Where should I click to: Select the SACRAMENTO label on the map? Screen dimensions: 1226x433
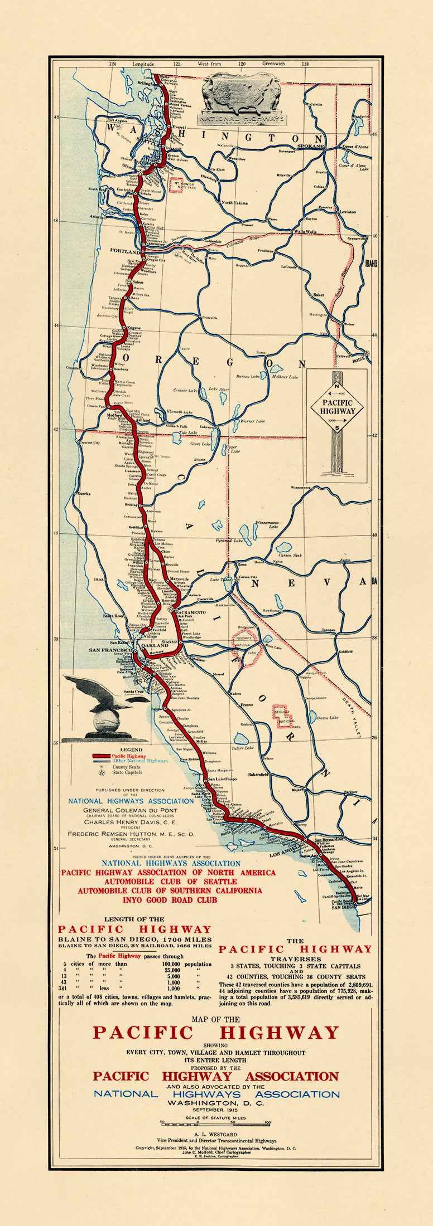(191, 612)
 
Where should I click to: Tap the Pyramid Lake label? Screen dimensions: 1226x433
(229, 541)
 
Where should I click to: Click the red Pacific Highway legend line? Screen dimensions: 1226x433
(101, 756)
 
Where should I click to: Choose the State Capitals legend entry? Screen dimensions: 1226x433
(127, 772)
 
